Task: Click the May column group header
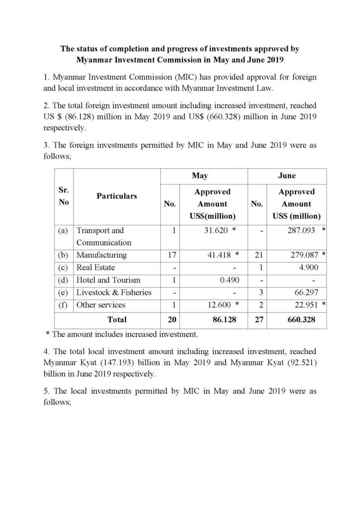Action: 200,175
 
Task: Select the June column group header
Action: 287,175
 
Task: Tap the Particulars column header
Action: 116,196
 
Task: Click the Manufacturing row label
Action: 101,255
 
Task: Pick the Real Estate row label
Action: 95,267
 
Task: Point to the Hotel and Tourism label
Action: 108,280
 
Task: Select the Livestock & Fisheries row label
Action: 113,292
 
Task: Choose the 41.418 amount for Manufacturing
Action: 218,255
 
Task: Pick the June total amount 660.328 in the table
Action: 301,320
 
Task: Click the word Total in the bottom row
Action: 117,320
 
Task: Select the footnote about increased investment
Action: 125,334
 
